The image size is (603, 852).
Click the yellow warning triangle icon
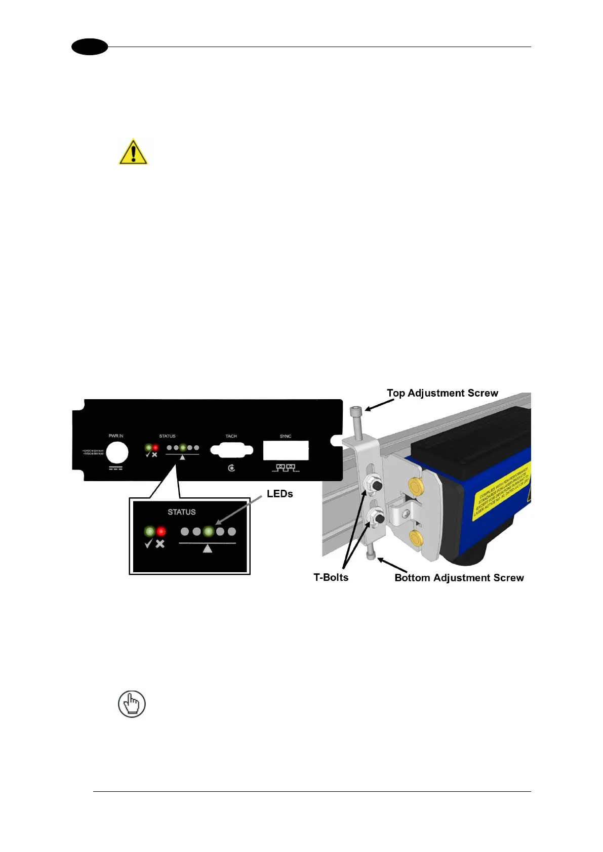(x=133, y=152)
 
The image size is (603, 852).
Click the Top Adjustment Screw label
(x=442, y=393)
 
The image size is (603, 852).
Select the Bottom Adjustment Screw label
(x=459, y=578)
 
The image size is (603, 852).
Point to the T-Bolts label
(x=331, y=577)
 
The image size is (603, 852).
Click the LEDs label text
(x=279, y=494)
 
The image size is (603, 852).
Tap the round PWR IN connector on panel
(x=116, y=452)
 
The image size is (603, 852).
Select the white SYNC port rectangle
(x=286, y=450)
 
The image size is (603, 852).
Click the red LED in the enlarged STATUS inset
(x=162, y=531)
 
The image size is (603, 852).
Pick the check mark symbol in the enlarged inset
(x=149, y=544)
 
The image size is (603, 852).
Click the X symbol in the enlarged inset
(x=160, y=544)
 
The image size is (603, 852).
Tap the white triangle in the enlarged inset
(x=207, y=548)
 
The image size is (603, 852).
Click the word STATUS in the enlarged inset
(x=182, y=512)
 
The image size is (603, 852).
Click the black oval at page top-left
(x=90, y=47)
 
